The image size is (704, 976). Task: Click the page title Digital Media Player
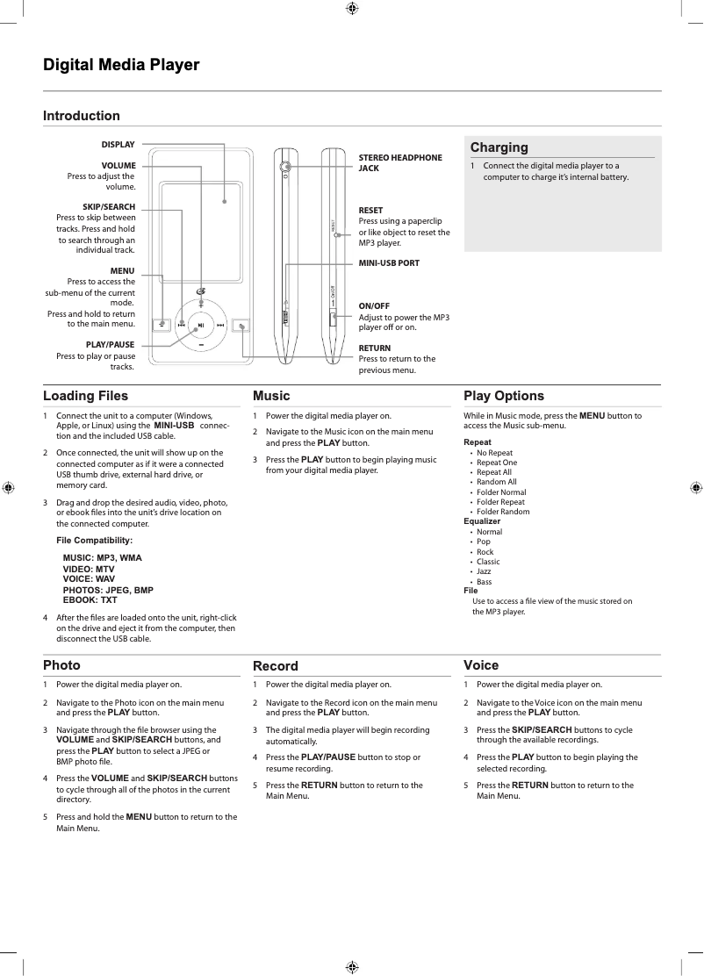pyautogui.click(x=122, y=65)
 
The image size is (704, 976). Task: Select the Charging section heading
pyautogui.click(x=499, y=147)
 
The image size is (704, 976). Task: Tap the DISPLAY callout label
pyautogui.click(x=118, y=145)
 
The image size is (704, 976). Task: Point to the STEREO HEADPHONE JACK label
pyautogui.click(x=400, y=162)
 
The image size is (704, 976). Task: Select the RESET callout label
pyautogui.click(x=370, y=211)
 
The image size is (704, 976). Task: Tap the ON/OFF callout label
pyautogui.click(x=374, y=305)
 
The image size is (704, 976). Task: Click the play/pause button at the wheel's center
pyautogui.click(x=201, y=326)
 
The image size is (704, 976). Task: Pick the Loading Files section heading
pyautogui.click(x=86, y=396)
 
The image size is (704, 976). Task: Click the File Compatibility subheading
pyautogui.click(x=95, y=540)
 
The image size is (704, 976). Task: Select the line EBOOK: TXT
pyautogui.click(x=90, y=600)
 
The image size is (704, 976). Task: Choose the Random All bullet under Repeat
pyautogui.click(x=496, y=482)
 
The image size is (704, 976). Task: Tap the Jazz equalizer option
pyautogui.click(x=484, y=571)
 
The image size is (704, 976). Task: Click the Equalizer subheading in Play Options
pyautogui.click(x=483, y=521)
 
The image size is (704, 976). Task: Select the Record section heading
pyautogui.click(x=276, y=666)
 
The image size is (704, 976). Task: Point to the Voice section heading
pyautogui.click(x=481, y=665)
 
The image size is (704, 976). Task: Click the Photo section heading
pyautogui.click(x=62, y=665)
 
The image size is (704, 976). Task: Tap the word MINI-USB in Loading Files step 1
pyautogui.click(x=174, y=426)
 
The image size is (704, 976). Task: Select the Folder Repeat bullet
pyautogui.click(x=500, y=502)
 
